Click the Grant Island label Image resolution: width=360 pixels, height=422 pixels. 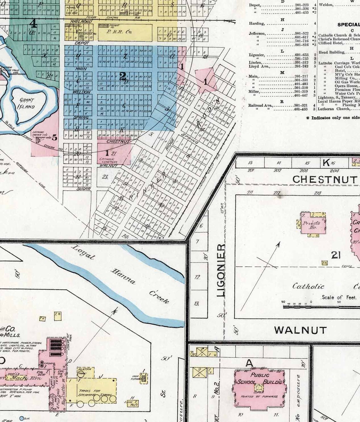pos(27,103)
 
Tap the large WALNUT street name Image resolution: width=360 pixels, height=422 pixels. pos(300,330)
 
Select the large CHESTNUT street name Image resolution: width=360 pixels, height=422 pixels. pos(325,179)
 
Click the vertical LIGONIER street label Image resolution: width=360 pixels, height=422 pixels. pos(221,270)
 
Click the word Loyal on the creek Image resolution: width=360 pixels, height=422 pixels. pos(83,252)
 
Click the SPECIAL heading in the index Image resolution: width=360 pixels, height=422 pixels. pos(348,25)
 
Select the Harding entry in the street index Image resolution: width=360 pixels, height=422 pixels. pos(256,24)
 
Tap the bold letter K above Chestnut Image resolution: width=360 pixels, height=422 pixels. pos(326,163)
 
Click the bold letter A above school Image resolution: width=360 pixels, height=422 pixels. pos(249,363)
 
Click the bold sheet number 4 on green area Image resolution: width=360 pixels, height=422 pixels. pos(33,23)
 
